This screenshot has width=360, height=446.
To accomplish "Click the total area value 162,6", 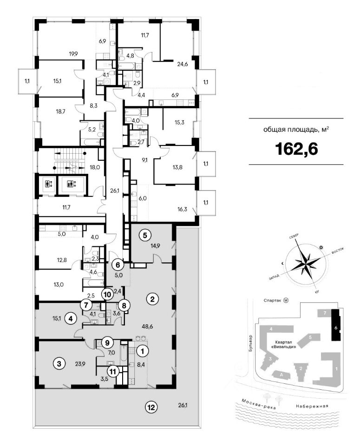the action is [295, 148].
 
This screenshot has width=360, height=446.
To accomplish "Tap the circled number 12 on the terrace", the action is [151, 408].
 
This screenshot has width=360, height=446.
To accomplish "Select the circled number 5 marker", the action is [145, 235].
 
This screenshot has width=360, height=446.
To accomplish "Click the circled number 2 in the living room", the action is [152, 299].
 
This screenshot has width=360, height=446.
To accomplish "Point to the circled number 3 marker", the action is [59, 363].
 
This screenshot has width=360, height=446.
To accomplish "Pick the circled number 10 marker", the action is [107, 294].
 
